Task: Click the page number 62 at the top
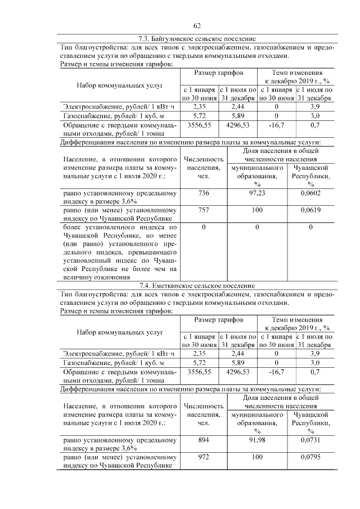(197, 25)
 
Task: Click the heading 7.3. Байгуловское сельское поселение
(197, 39)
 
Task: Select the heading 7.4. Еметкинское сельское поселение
(197, 286)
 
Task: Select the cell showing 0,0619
(310, 210)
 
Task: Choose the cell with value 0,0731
(310, 440)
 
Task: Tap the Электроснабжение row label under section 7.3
(119, 106)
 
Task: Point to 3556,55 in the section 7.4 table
(199, 372)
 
